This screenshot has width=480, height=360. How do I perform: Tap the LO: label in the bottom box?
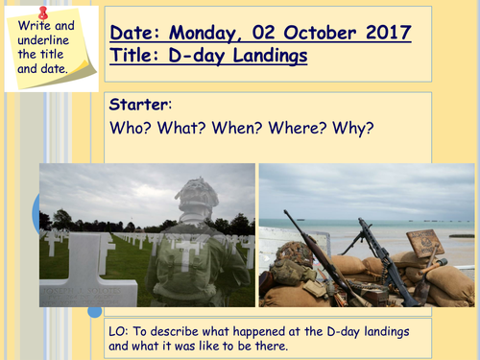122,331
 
